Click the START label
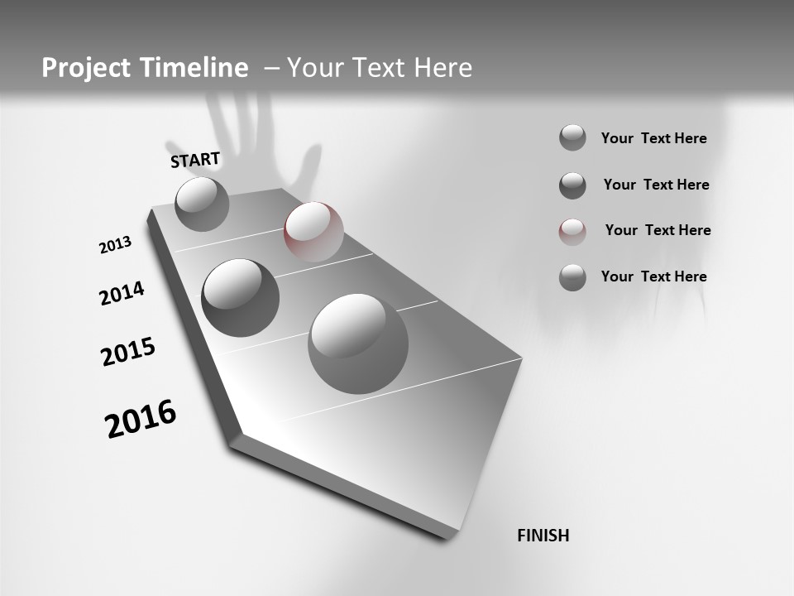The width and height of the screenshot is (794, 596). point(195,160)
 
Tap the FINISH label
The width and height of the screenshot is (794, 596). point(543,536)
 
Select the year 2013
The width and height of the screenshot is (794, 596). point(116,245)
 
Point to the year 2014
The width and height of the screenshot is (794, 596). point(122,293)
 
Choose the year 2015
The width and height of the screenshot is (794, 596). point(128,352)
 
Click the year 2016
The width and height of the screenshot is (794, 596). point(141,419)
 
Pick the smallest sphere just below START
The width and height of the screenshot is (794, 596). point(202,204)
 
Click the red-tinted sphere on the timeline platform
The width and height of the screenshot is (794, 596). point(313,232)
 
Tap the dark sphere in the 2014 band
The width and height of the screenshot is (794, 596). point(240,297)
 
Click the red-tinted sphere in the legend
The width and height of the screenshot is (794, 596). point(572,232)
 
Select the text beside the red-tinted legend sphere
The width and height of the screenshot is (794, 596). point(658,230)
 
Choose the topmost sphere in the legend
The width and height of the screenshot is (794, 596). point(572,138)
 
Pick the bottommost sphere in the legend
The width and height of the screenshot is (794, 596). point(572,277)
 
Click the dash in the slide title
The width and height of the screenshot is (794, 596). point(270,68)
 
